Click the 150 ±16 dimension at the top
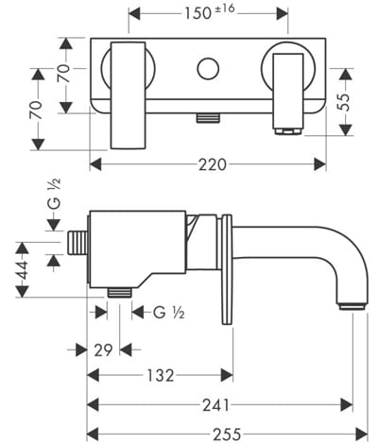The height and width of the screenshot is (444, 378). pyautogui.click(x=209, y=12)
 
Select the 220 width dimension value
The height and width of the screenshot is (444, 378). pyautogui.click(x=213, y=164)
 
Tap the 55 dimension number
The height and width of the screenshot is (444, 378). pyautogui.click(x=345, y=101)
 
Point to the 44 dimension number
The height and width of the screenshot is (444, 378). pyautogui.click(x=23, y=270)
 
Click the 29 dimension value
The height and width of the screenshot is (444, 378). pyautogui.click(x=103, y=350)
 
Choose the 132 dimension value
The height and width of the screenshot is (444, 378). pyautogui.click(x=161, y=375)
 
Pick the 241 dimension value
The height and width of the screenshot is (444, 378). pyautogui.click(x=215, y=405)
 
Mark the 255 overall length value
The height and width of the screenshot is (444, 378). pyautogui.click(x=227, y=435)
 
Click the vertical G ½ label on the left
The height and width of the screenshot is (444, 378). pyautogui.click(x=54, y=194)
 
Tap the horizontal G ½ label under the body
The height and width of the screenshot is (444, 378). pyautogui.click(x=168, y=313)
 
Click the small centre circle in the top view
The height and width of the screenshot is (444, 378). pyautogui.click(x=208, y=68)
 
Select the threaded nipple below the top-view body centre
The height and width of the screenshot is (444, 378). pyautogui.click(x=208, y=118)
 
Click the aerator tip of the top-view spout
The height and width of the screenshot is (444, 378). pyautogui.click(x=288, y=131)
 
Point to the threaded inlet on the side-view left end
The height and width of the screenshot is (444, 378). pyautogui.click(x=77, y=242)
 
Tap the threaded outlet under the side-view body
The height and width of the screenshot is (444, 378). pyautogui.click(x=119, y=293)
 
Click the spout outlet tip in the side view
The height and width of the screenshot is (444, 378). pyautogui.click(x=352, y=307)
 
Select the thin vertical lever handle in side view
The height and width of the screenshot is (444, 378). pyautogui.click(x=227, y=269)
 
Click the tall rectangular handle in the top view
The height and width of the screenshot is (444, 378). pyautogui.click(x=129, y=95)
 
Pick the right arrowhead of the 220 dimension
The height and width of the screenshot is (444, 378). pyautogui.click(x=319, y=164)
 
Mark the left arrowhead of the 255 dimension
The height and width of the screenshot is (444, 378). pyautogui.click(x=93, y=435)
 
